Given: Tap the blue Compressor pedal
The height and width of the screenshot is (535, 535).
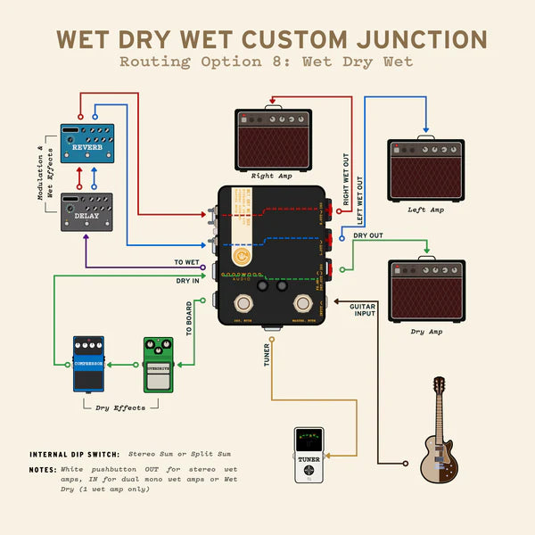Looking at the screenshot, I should pos(88,364).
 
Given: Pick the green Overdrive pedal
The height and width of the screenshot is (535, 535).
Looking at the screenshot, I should pos(159,364).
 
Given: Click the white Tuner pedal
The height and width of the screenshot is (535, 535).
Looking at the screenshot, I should pos(309,455).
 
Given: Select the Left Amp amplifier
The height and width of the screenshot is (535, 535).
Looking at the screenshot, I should pos(425,169).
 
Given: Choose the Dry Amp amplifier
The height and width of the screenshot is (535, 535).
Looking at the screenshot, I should pos(426,292).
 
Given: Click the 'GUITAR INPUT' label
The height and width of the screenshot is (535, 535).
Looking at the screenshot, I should pos(362,310).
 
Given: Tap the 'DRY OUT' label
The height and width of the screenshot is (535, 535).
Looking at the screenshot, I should pos(368,235).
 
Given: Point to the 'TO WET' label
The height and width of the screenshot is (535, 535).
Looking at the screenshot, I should pos(186,262).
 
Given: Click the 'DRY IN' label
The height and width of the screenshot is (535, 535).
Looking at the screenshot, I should pos(187,281).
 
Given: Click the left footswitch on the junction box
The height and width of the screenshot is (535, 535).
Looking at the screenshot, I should pos(242,305).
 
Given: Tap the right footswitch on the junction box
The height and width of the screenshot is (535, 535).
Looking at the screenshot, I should pos(303,305).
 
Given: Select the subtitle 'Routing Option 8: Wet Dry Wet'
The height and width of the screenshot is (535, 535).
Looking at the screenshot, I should pos(267,62).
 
